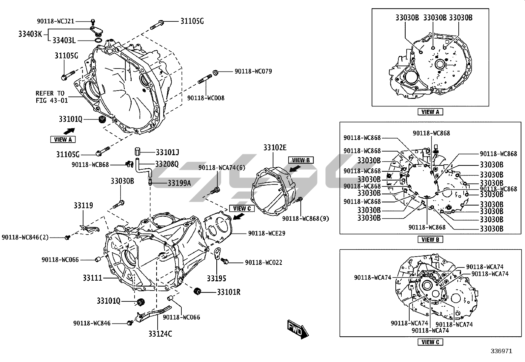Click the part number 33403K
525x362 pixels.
pos(30,34)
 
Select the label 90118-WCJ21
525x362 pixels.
pos(55,21)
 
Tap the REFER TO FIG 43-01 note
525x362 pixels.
pos(52,97)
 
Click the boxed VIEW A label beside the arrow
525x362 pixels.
pos(63,139)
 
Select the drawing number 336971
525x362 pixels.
pos(501,351)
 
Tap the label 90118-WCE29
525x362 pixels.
pos(267,233)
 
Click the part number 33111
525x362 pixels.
pos(92,278)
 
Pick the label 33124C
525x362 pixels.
pos(160,334)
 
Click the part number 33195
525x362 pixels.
pos(216,278)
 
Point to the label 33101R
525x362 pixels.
pos(229,292)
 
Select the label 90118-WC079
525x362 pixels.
pos(253,71)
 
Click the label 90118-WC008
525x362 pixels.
pos(206,98)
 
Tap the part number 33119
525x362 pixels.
pos(83,206)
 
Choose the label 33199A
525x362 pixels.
pos(179,183)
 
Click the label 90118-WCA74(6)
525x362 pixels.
pos(222,168)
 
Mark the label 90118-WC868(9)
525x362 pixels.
pos(305,218)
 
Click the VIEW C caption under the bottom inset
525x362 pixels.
pos(430,342)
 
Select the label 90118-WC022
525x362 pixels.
pos(263,263)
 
